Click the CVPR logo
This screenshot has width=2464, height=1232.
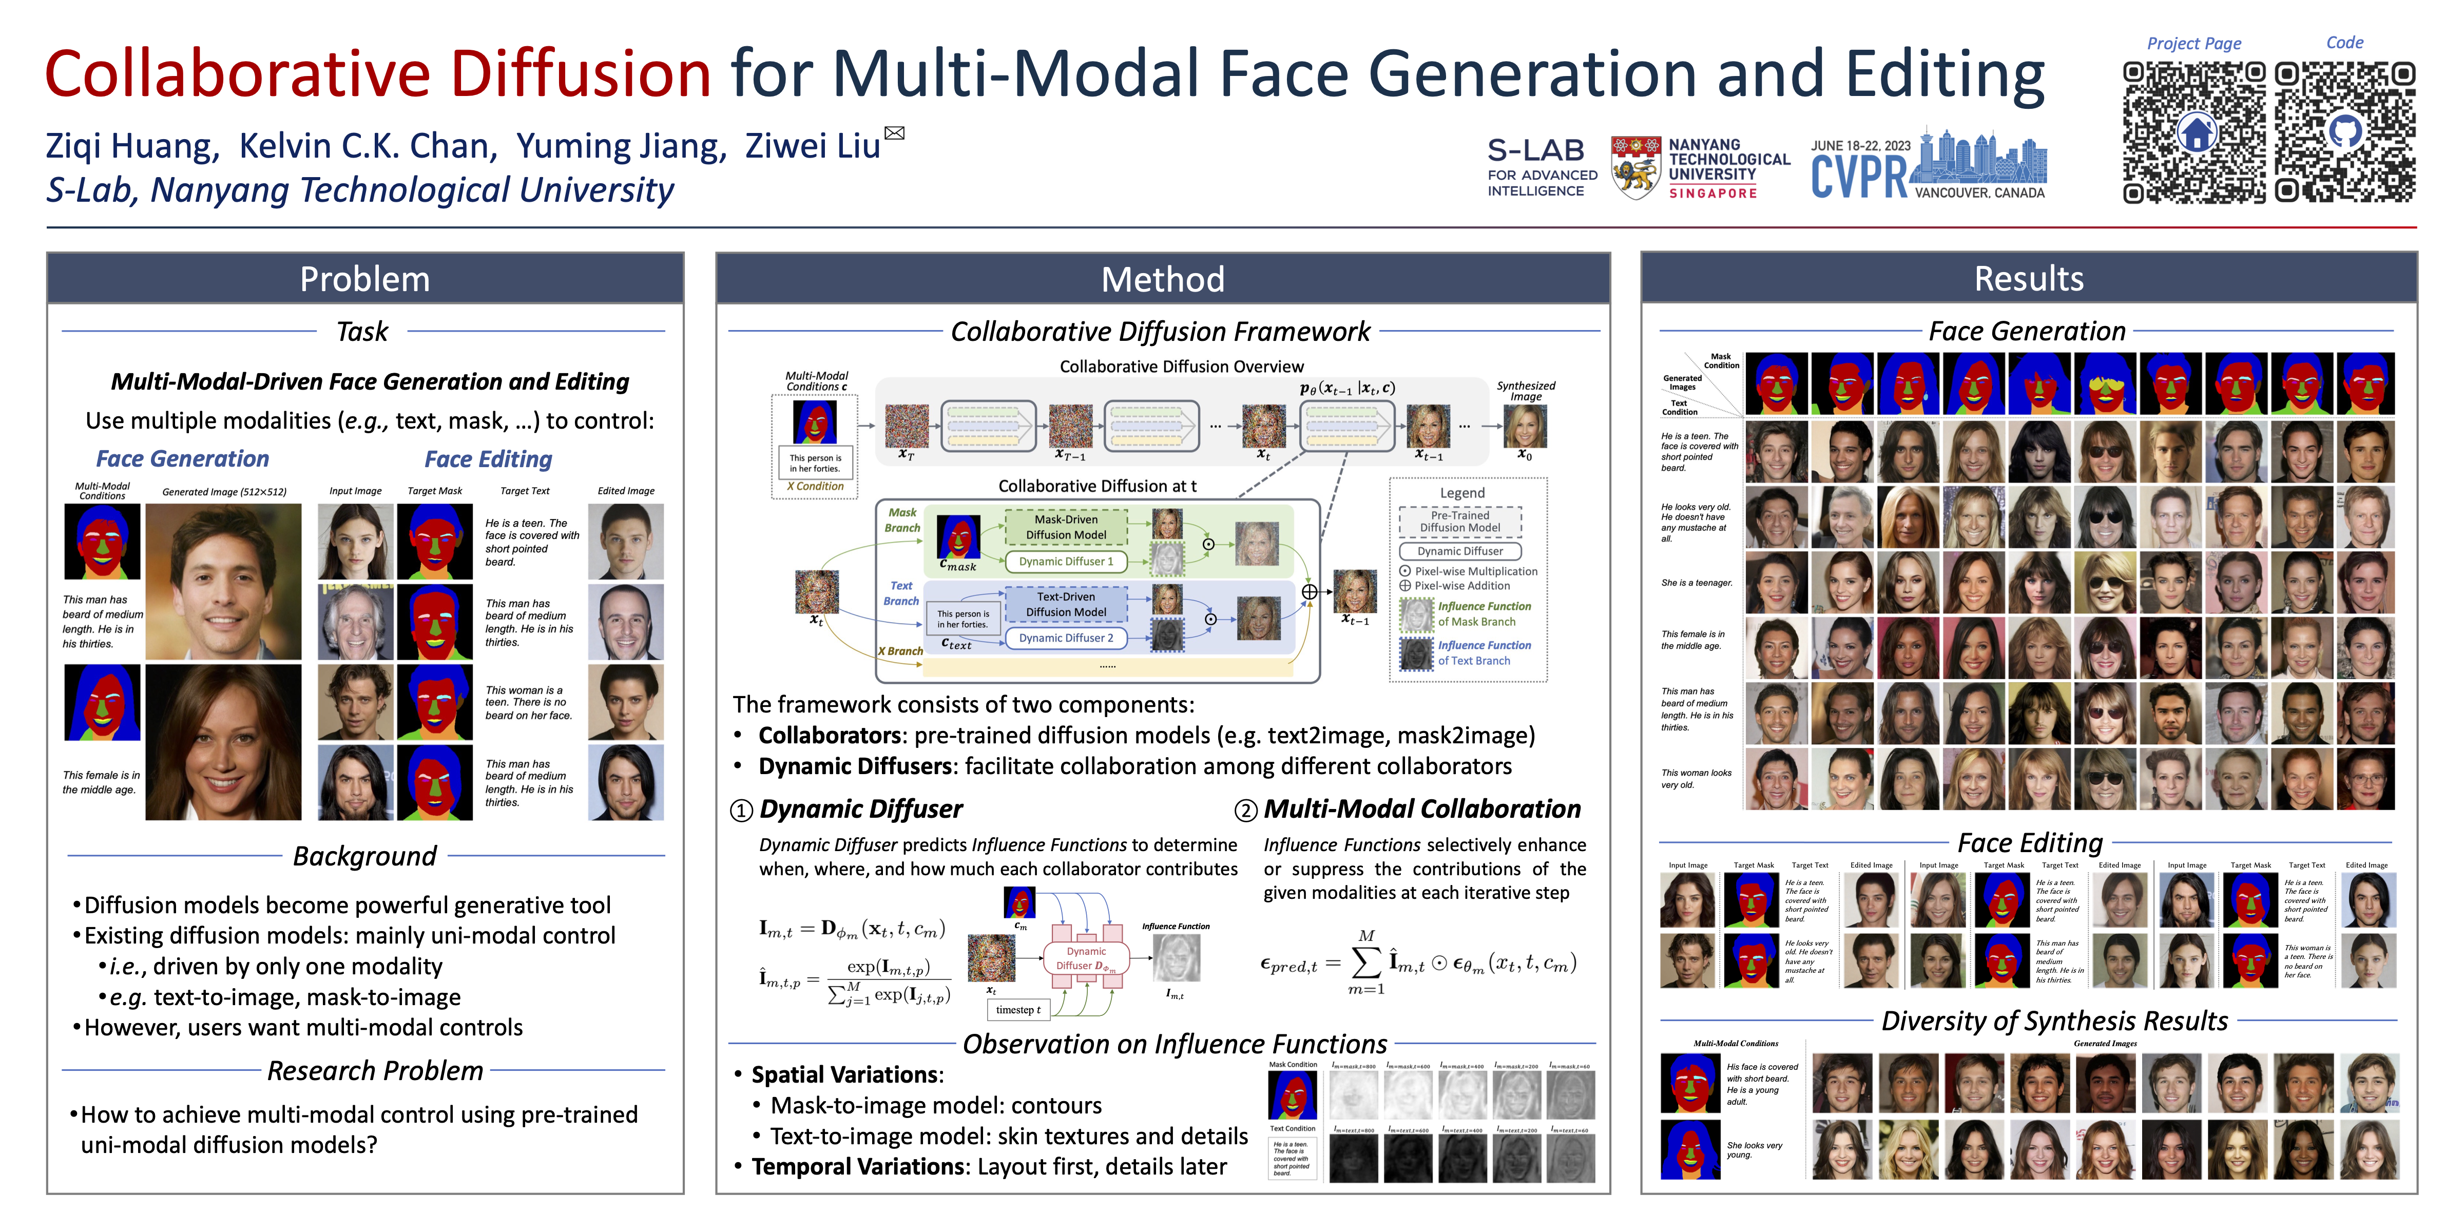[1928, 167]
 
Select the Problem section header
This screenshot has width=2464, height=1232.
[364, 278]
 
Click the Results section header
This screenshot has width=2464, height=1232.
[2028, 278]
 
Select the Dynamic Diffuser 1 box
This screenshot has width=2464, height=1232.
[1066, 562]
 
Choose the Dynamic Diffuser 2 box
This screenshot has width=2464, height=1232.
[1066, 638]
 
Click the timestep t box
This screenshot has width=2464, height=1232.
[1018, 1009]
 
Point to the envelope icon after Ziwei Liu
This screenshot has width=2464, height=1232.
[894, 133]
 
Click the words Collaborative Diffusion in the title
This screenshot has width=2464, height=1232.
[378, 73]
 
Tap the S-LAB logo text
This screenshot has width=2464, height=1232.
[1535, 150]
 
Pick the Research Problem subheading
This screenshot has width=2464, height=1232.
[375, 1070]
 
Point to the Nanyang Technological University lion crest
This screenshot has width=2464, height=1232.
[1635, 167]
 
